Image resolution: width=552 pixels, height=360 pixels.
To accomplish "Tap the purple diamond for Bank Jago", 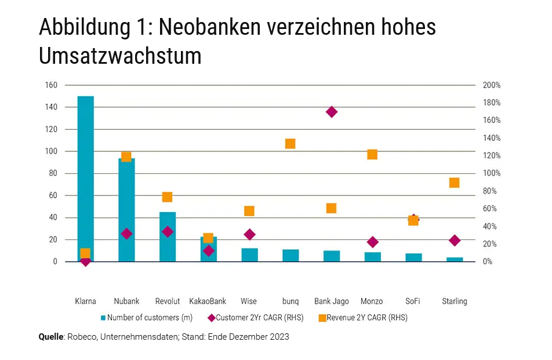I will click(332, 112).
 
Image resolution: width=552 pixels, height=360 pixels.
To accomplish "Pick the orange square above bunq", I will click(290, 144).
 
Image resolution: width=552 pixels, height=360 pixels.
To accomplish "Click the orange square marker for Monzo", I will click(372, 154).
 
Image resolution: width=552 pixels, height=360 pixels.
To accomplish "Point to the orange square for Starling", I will click(454, 183).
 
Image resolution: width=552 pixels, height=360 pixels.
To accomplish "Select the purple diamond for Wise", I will click(250, 235).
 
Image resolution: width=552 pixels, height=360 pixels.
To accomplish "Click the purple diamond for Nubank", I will click(126, 234).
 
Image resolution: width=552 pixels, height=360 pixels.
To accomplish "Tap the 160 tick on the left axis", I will click(52, 85).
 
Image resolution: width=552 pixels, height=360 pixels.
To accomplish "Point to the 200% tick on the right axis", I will click(492, 85).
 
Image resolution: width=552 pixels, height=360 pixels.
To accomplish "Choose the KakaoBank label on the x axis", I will click(208, 301).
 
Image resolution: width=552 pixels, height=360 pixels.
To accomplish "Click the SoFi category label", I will click(413, 301).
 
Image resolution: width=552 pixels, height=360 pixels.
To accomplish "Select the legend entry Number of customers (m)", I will click(148, 318).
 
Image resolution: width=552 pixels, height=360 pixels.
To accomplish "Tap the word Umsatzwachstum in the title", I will click(120, 57).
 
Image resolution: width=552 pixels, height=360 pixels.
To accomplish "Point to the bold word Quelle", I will click(51, 337).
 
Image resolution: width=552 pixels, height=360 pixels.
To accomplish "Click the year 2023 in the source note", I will click(278, 337).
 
